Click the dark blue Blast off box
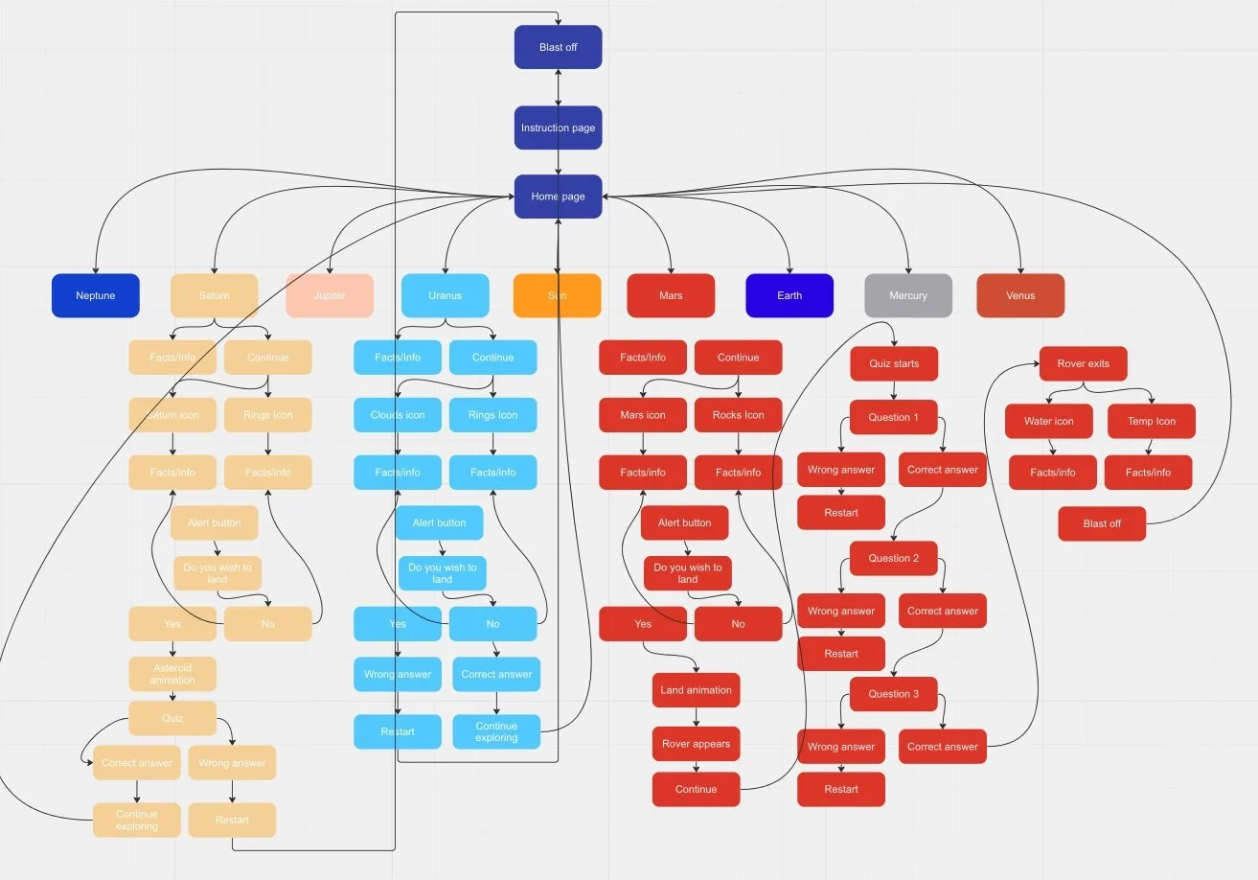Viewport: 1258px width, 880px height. pos(558,47)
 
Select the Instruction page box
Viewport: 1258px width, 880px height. pos(558,127)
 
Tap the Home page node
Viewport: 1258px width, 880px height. pos(558,197)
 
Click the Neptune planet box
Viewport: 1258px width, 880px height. pos(96,295)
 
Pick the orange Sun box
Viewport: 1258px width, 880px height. pos(557,295)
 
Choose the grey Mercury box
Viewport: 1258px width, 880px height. pos(908,295)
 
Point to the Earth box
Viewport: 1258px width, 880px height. pos(789,295)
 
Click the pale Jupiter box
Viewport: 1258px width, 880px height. pos(330,295)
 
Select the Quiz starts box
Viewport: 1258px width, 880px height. pos(894,364)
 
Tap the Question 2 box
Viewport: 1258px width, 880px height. pos(894,558)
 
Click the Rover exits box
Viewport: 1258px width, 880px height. pos(1083,364)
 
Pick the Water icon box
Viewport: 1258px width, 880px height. pos(1049,421)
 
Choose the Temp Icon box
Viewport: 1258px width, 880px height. pos(1152,421)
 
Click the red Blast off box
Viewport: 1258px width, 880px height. pos(1102,523)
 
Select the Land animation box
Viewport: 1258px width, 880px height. pos(697,690)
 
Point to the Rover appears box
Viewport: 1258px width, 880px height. pos(697,744)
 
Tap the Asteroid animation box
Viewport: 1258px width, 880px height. pos(172,674)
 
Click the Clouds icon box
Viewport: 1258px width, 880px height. pos(398,415)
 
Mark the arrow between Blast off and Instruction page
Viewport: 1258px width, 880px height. pos(558,87)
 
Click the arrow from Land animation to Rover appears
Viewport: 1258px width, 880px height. pos(697,717)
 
